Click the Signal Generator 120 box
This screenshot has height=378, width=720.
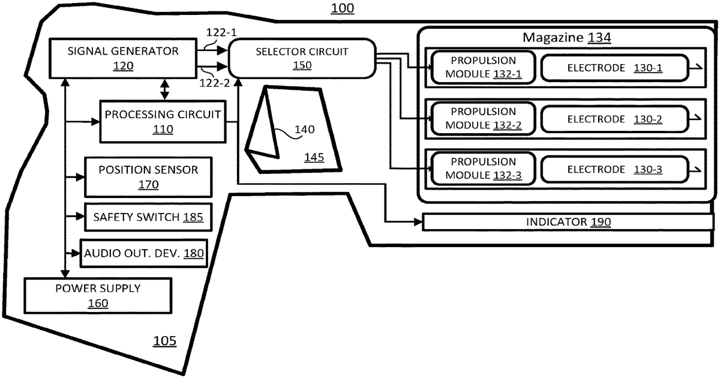click(123, 59)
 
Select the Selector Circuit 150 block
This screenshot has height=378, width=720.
click(302, 58)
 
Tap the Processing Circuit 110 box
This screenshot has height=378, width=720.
click(163, 121)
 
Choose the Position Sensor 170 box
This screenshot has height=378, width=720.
click(148, 177)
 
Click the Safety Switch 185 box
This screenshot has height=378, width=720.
click(148, 217)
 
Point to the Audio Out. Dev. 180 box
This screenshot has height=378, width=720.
click(143, 253)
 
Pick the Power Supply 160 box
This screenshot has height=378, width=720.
click(98, 296)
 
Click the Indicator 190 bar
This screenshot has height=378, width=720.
click(568, 222)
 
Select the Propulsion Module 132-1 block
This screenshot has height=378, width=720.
click(483, 67)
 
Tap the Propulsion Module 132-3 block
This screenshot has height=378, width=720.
click(483, 169)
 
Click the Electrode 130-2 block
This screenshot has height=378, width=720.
click(614, 119)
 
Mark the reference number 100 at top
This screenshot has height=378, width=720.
click(343, 8)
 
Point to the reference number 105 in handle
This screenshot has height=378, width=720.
click(164, 341)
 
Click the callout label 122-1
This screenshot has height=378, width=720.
click(221, 32)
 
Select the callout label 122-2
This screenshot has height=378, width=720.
click(215, 83)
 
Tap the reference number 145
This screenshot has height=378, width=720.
click(314, 157)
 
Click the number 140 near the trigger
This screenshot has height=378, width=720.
click(304, 129)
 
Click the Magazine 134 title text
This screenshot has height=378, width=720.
click(566, 37)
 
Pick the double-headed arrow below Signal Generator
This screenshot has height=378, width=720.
click(164, 89)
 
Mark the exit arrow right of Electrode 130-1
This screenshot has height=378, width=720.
click(696, 67)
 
